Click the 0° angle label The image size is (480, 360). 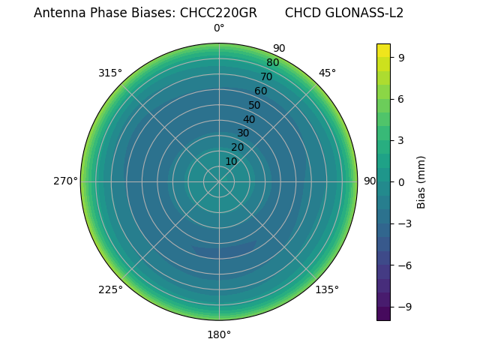click(x=219, y=28)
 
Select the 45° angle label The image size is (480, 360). click(x=327, y=73)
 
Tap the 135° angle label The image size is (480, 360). click(x=327, y=289)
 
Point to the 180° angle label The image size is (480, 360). click(x=219, y=334)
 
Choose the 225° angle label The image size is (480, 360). click(x=110, y=289)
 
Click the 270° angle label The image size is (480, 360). click(x=65, y=181)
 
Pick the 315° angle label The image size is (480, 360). click(x=110, y=73)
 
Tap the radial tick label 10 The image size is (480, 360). click(x=231, y=161)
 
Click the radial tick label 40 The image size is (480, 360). click(x=249, y=119)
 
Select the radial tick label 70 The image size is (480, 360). click(x=266, y=76)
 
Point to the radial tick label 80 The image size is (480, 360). click(x=272, y=62)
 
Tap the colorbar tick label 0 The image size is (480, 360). click(x=401, y=181)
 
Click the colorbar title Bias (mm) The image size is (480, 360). click(x=421, y=181)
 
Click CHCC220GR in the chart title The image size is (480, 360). click(x=218, y=13)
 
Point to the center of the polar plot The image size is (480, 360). click(x=219, y=181)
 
